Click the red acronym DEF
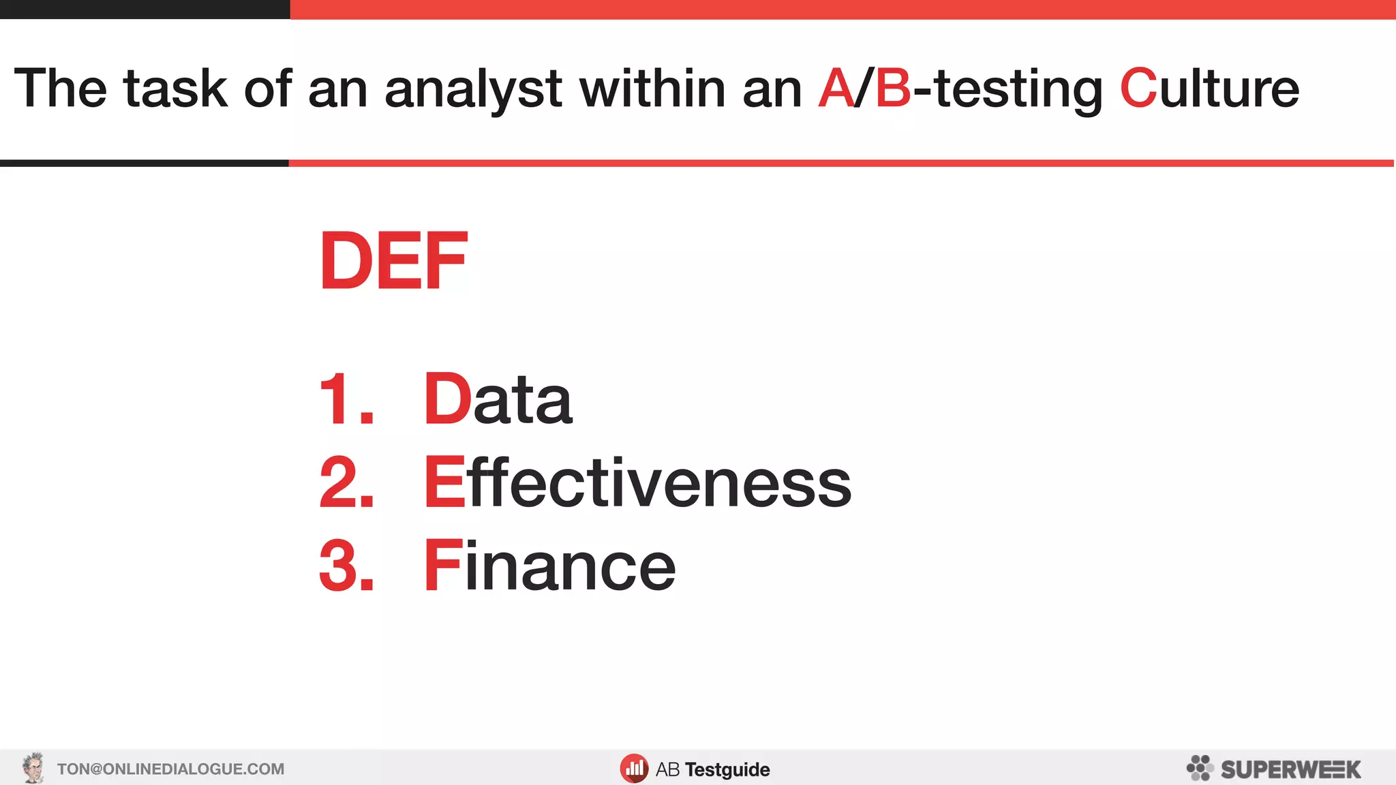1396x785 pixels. (x=393, y=261)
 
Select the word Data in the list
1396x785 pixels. (x=498, y=399)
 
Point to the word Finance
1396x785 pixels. (x=549, y=566)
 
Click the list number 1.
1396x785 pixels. (x=346, y=399)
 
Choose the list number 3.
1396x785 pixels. (x=346, y=566)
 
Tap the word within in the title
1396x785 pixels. (x=652, y=89)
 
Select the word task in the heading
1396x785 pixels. (x=175, y=89)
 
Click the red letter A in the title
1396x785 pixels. (x=836, y=89)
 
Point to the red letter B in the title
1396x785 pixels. (x=893, y=89)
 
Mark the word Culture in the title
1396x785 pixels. (x=1209, y=89)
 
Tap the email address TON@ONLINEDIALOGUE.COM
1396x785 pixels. (x=170, y=769)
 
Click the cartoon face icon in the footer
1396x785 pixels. (x=33, y=768)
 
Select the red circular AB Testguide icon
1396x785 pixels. (x=634, y=769)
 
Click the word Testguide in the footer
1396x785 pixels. (x=727, y=770)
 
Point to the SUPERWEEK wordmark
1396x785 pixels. (x=1290, y=769)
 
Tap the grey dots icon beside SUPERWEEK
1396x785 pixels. (x=1200, y=768)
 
